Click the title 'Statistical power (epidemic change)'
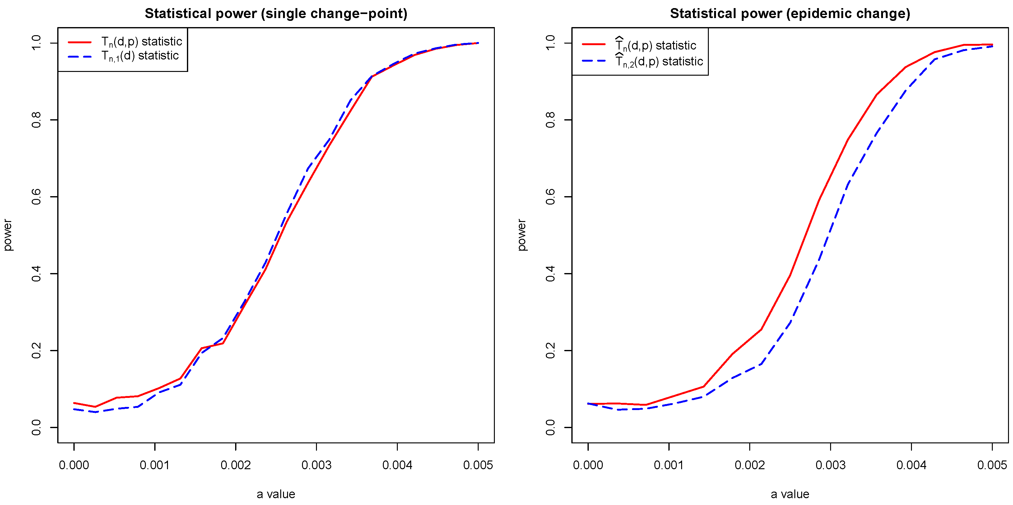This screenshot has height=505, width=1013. [790, 14]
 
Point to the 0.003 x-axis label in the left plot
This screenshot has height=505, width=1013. [316, 465]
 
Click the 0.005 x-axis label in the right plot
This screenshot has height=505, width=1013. [992, 465]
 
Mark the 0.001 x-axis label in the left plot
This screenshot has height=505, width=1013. [155, 465]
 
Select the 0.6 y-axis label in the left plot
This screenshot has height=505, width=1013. [36, 196]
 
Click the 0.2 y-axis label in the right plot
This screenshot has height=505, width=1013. [551, 350]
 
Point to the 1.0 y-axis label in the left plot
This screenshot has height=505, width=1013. [36, 43]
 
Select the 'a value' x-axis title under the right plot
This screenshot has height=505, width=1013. [790, 494]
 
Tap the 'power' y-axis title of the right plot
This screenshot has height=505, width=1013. [522, 235]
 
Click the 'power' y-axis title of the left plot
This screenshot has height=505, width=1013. [7, 235]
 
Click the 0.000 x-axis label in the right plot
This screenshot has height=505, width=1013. [588, 465]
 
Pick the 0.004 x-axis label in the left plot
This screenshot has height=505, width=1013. [397, 465]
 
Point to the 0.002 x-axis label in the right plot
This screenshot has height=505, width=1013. [750, 465]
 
